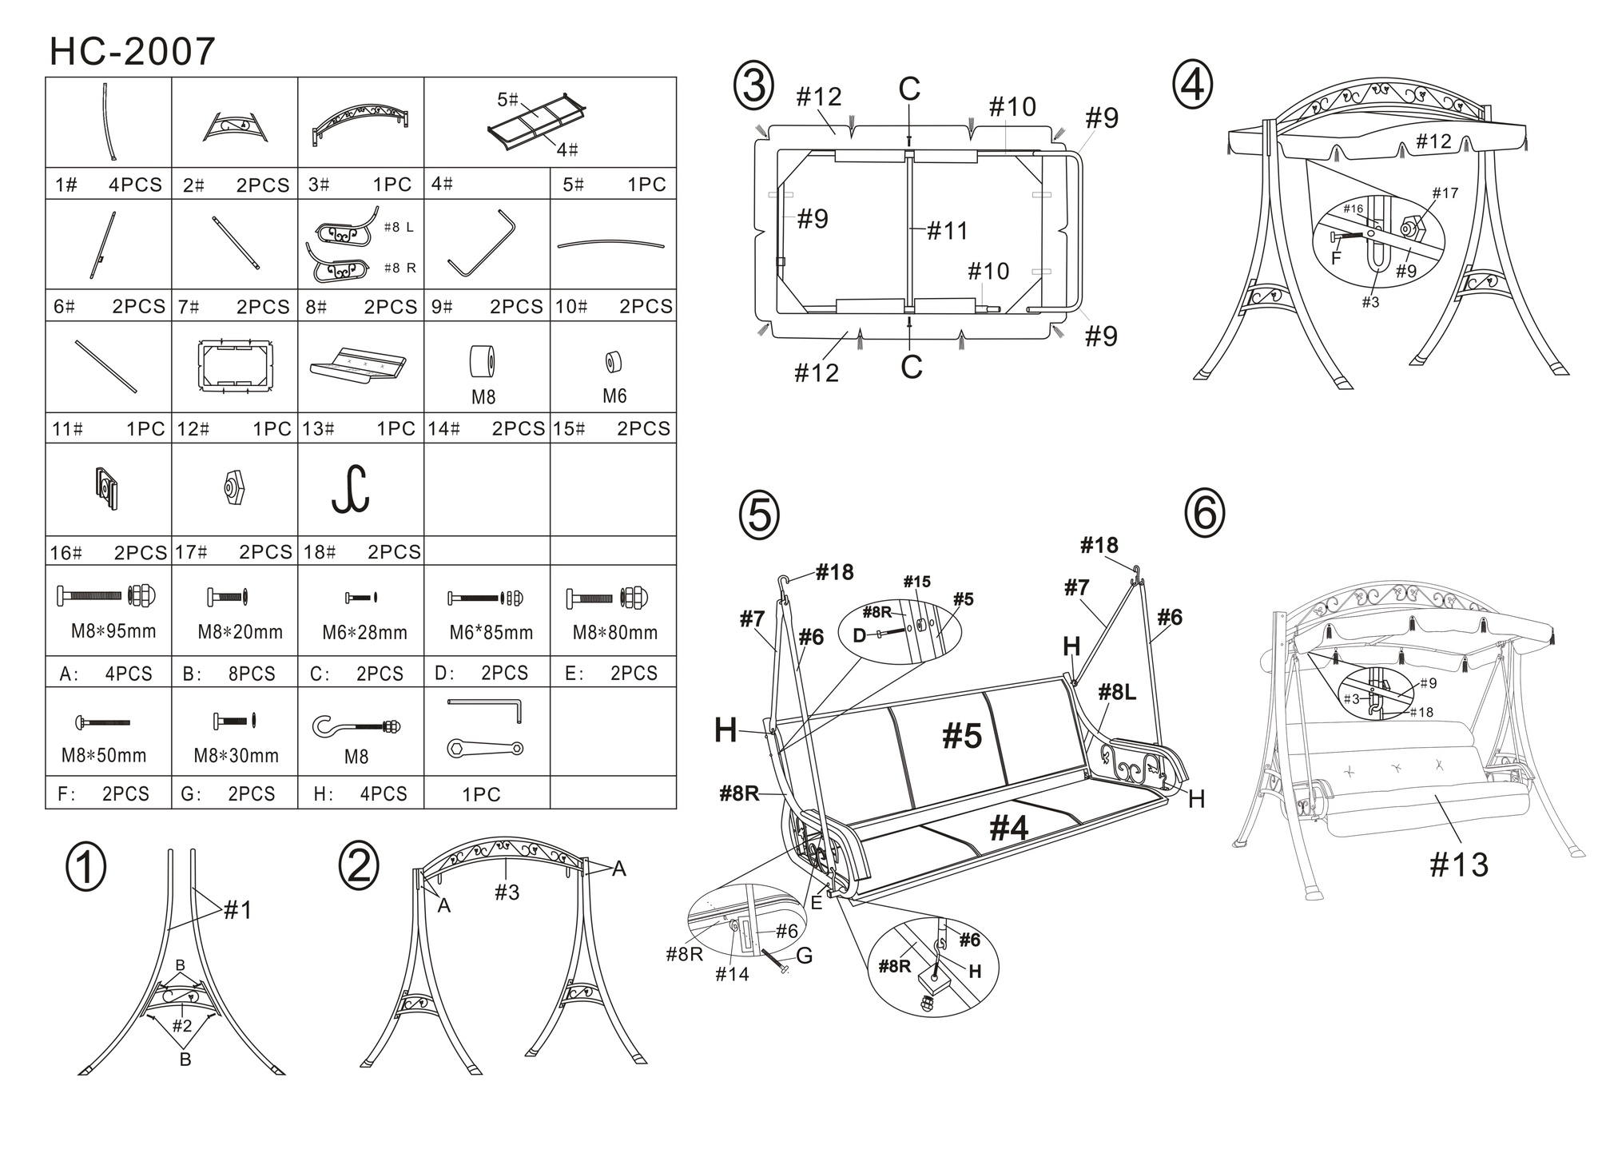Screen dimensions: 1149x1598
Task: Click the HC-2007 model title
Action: tap(133, 52)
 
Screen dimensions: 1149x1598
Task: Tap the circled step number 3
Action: tap(753, 87)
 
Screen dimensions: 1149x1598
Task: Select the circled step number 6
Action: tap(1204, 513)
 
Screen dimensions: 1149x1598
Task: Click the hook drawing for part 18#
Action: tap(351, 488)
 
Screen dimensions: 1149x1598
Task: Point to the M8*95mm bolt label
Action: tap(113, 632)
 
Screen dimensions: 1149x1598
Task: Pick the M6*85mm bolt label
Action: tap(491, 633)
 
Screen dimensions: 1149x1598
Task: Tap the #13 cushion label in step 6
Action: tap(1458, 865)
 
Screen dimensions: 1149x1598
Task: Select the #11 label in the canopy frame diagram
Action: tap(948, 231)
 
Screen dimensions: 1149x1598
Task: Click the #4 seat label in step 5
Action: tap(1009, 829)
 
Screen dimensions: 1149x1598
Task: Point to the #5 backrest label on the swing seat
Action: tap(962, 736)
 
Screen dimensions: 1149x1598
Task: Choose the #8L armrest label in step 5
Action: tap(1116, 692)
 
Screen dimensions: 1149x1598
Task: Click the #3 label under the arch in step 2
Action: tap(507, 893)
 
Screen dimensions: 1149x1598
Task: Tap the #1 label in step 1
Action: tap(237, 909)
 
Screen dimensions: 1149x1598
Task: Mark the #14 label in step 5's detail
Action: tap(732, 974)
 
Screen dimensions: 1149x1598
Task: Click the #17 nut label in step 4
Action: tap(1445, 193)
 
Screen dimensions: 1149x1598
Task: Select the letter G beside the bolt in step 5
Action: tap(804, 955)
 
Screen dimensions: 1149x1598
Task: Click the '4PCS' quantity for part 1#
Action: tap(135, 185)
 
